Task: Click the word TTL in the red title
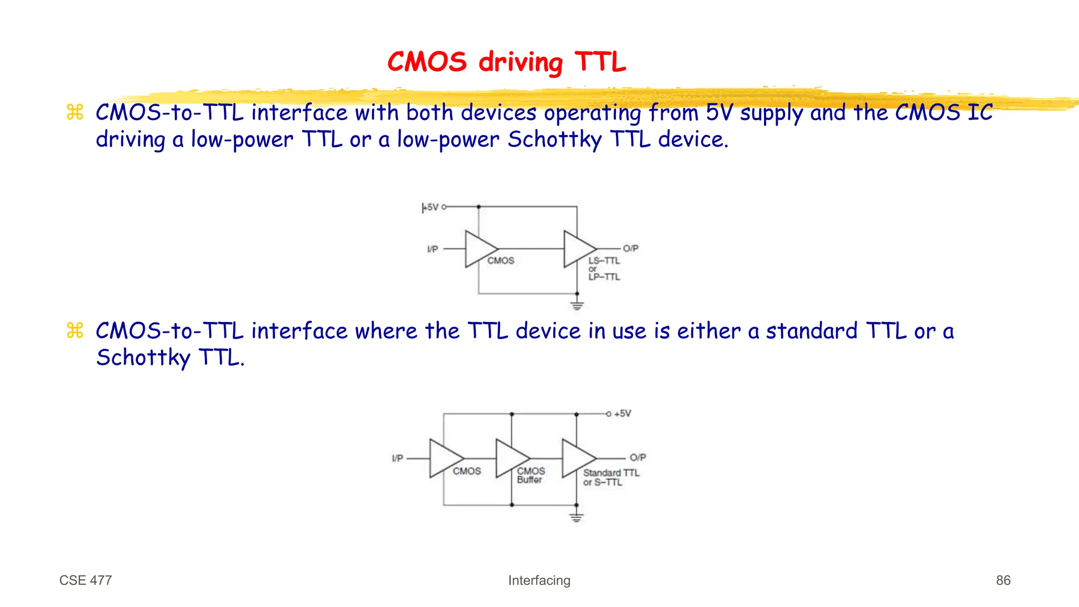tap(600, 62)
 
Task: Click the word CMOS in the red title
tap(427, 62)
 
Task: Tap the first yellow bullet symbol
tap(75, 112)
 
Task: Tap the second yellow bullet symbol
tap(75, 331)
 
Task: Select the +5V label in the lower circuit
tap(622, 414)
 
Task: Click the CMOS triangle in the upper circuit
tap(477, 249)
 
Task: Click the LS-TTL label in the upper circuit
tap(604, 261)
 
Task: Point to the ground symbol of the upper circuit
tap(577, 305)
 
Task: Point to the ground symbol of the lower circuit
tap(576, 517)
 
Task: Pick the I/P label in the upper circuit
tap(433, 249)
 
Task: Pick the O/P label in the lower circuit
tap(637, 457)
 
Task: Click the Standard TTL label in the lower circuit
tap(611, 473)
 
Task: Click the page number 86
tap(1003, 580)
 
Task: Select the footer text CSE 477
tap(85, 580)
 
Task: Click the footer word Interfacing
tap(539, 580)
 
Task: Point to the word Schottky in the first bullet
tap(554, 140)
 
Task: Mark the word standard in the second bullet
tap(811, 331)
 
